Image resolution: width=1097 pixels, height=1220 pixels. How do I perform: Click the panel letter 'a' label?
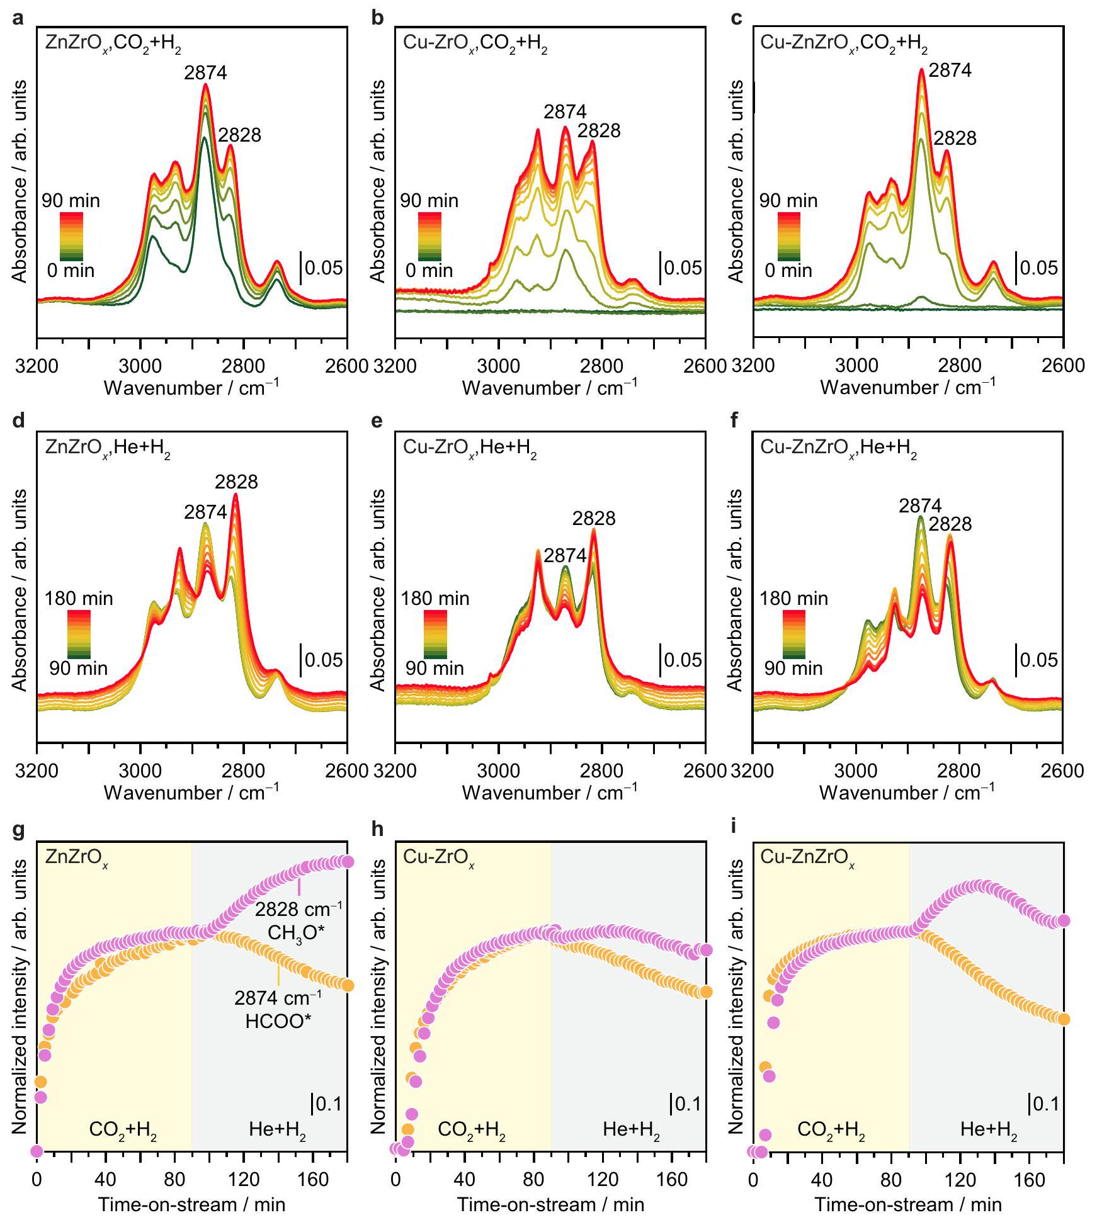18,18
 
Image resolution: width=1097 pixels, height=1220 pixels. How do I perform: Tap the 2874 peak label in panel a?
205,73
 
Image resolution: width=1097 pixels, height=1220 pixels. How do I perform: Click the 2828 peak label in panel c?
955,138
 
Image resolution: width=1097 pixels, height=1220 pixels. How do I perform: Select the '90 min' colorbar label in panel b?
429,201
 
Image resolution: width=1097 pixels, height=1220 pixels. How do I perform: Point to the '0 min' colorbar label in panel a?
71,271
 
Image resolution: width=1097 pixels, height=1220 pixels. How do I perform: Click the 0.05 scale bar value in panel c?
1038,268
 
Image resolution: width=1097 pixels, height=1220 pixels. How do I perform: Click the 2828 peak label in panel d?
236,482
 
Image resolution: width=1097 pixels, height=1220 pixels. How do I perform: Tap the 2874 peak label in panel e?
565,555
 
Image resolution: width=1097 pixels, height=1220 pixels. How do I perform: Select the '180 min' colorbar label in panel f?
793,598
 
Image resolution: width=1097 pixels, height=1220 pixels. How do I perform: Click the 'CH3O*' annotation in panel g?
296,932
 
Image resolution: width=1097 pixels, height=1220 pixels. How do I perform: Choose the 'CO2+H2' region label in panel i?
831,1129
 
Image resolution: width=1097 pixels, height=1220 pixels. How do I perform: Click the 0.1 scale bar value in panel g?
328,1104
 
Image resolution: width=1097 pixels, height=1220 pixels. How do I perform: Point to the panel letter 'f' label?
734,421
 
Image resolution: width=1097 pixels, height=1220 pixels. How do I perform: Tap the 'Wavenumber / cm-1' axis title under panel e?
549,792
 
